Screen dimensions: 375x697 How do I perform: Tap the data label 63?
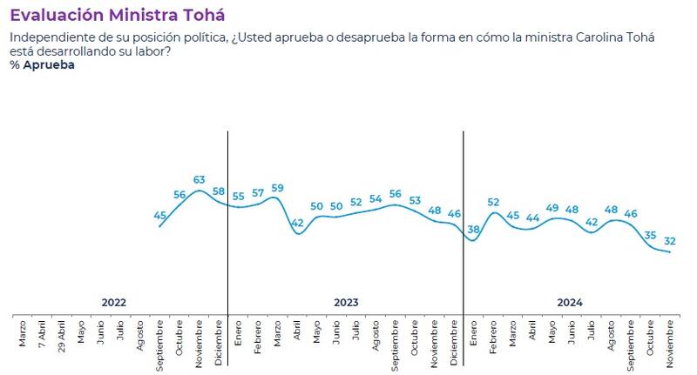pyautogui.click(x=199, y=180)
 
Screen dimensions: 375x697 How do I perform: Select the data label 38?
pyautogui.click(x=473, y=231)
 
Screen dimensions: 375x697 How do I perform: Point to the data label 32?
pyautogui.click(x=669, y=241)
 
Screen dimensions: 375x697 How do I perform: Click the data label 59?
pyautogui.click(x=277, y=188)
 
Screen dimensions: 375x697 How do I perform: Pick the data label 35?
pyautogui.click(x=650, y=235)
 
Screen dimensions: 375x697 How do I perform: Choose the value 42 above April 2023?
pyautogui.click(x=297, y=224)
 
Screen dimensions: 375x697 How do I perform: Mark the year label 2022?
pyautogui.click(x=113, y=303)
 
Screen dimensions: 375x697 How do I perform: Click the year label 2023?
pyautogui.click(x=346, y=303)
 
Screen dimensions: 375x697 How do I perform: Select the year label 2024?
pyautogui.click(x=570, y=303)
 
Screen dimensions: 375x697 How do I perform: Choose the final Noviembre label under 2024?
pyautogui.click(x=670, y=338)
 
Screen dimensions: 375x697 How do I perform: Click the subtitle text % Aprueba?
pyautogui.click(x=42, y=65)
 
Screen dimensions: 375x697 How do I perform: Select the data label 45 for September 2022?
pyautogui.click(x=160, y=215)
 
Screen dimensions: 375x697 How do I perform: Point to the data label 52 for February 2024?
pyautogui.click(x=493, y=202)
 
